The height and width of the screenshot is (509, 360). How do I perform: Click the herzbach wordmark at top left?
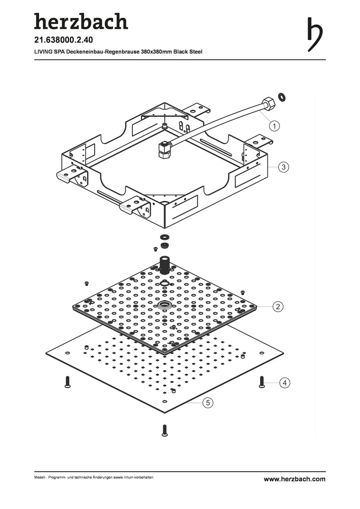pyautogui.click(x=81, y=21)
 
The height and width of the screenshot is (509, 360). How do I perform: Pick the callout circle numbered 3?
pyautogui.click(x=282, y=167)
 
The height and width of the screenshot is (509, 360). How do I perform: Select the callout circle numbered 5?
pyautogui.click(x=207, y=402)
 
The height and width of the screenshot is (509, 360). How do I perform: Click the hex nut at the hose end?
pyautogui.click(x=267, y=103)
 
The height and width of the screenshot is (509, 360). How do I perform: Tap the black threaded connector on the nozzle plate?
pyautogui.click(x=164, y=265)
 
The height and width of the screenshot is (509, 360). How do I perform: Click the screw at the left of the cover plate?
pyautogui.click(x=67, y=382)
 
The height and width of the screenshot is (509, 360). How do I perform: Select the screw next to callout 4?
pyautogui.click(x=262, y=381)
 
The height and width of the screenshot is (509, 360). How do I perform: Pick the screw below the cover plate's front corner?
pyautogui.click(x=164, y=430)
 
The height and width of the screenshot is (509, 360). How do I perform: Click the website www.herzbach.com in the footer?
pyautogui.click(x=294, y=479)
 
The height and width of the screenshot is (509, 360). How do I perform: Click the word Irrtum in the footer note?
pyautogui.click(x=128, y=478)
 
